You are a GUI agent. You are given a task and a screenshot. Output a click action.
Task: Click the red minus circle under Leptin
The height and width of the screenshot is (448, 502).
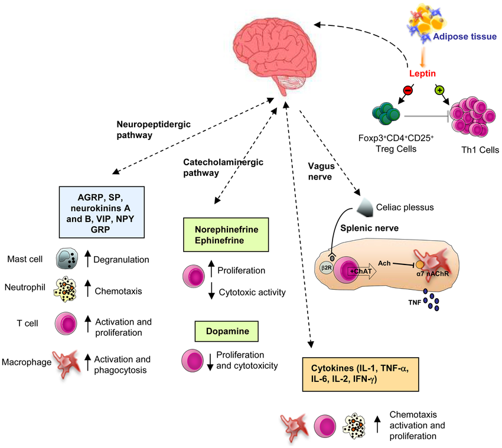coord(408,90)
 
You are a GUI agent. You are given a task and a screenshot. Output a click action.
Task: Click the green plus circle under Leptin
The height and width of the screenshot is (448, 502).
coord(439,90)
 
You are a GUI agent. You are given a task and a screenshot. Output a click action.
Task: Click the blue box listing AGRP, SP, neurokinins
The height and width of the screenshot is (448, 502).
coord(102,211)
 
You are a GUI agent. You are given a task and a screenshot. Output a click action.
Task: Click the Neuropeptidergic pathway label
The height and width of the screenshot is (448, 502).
coord(142,129)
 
